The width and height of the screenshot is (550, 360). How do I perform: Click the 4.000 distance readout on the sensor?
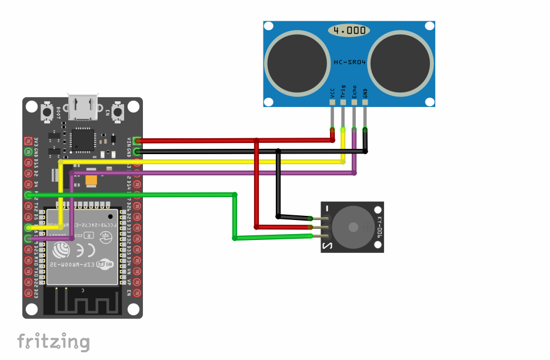[349, 30]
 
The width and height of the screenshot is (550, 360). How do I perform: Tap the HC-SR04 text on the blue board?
[349, 62]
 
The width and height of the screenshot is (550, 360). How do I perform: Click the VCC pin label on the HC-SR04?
[332, 92]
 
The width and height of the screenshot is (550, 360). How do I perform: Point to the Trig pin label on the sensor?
[344, 92]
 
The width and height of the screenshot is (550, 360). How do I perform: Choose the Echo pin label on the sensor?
[354, 92]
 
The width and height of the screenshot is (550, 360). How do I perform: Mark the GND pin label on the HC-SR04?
[365, 92]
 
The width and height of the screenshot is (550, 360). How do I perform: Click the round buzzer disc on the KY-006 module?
[351, 227]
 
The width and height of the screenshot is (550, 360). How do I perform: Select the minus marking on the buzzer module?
[327, 208]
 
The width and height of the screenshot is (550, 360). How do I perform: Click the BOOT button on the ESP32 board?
[48, 111]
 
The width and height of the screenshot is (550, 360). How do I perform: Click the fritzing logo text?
[53, 342]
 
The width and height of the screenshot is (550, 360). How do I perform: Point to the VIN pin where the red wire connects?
[137, 141]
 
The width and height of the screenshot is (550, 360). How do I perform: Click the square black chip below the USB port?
[82, 140]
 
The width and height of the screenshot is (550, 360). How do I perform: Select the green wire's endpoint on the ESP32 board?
[28, 195]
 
